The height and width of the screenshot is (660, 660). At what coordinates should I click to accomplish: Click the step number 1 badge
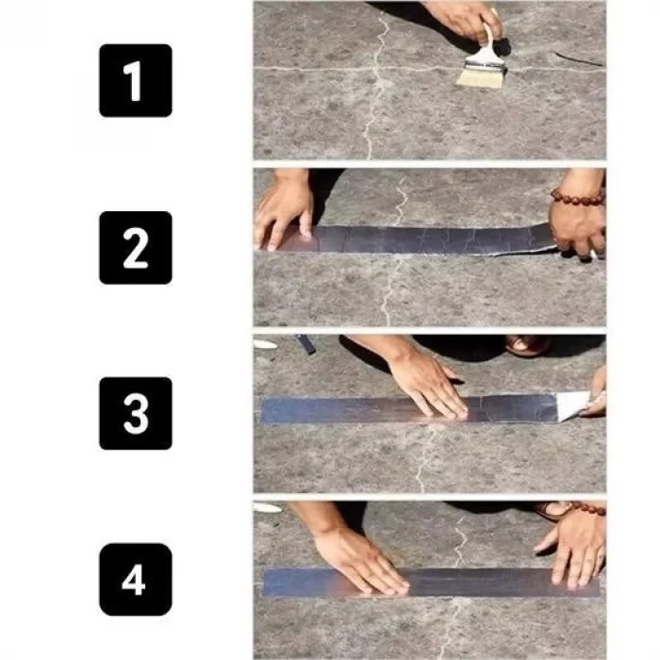click(x=136, y=80)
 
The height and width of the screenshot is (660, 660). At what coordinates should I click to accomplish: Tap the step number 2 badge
click(x=136, y=247)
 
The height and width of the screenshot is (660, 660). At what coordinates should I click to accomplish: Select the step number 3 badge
click(x=136, y=413)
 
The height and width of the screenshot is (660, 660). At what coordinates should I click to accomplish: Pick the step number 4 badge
click(x=136, y=579)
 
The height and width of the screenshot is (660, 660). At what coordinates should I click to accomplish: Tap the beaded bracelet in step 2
click(x=576, y=196)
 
